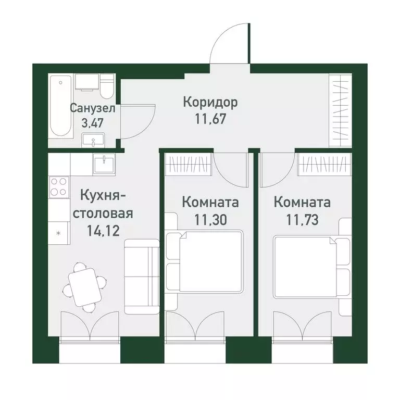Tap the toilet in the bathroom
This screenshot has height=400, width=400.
pos(107,86)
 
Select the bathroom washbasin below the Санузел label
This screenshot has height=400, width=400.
pos(93,140)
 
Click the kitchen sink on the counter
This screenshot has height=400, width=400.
pos(104,163)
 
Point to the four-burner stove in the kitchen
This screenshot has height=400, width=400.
pos(59,186)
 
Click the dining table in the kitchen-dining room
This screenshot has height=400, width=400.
pos(83,285)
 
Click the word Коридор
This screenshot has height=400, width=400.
pos(210,102)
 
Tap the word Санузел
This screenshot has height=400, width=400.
pos(93,109)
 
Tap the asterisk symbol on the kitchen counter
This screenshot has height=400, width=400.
pos(58,233)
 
